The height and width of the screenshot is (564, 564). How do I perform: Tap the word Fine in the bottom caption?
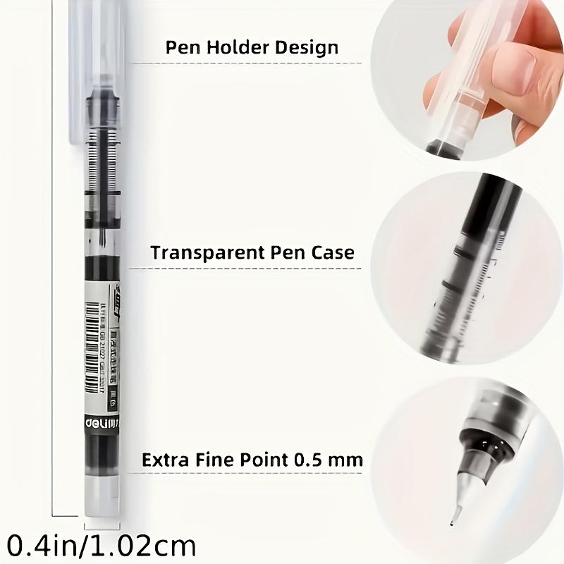point(212,460)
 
